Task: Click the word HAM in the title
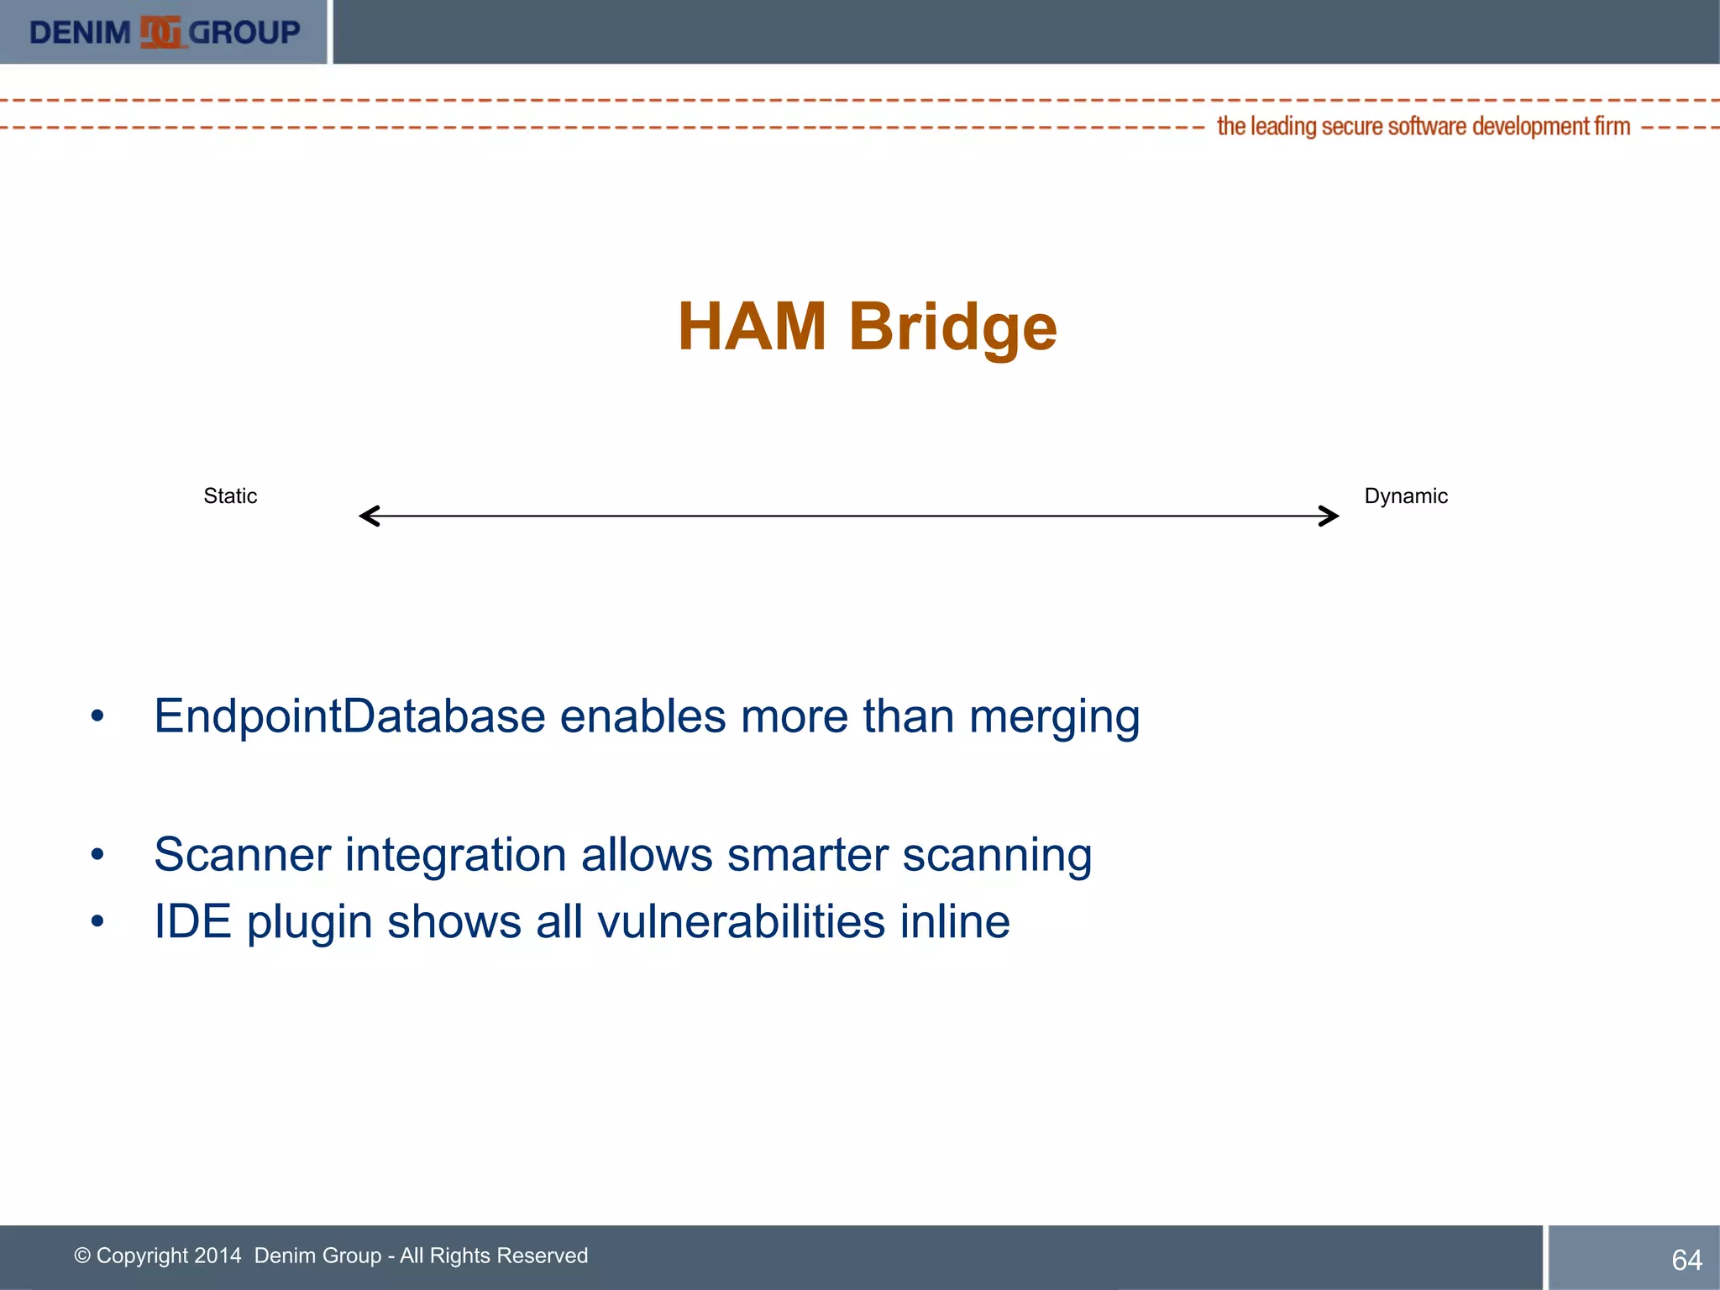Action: click(752, 327)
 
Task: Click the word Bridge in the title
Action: click(952, 328)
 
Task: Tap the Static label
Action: click(230, 496)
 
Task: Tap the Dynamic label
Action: click(1406, 496)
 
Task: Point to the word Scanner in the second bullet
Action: click(242, 855)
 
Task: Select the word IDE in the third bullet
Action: click(192, 921)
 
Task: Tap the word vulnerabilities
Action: click(741, 921)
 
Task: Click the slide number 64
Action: click(1686, 1260)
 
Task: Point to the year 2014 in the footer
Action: click(218, 1256)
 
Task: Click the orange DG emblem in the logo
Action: click(160, 33)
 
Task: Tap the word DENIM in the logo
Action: click(80, 33)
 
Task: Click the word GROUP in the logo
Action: click(244, 33)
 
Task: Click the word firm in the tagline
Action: click(1612, 127)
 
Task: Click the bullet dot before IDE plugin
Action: click(97, 922)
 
